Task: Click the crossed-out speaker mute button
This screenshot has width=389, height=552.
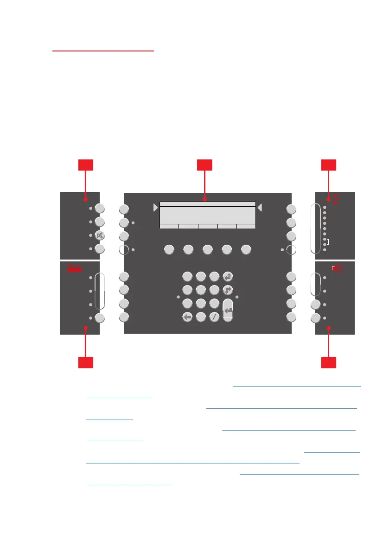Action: pyautogui.click(x=100, y=235)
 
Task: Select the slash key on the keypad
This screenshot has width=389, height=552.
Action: pyautogui.click(x=214, y=317)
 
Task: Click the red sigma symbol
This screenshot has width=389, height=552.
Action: pyautogui.click(x=337, y=200)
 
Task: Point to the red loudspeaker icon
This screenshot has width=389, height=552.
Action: pyautogui.click(x=337, y=268)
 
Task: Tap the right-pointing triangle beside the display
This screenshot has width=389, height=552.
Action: pyautogui.click(x=155, y=208)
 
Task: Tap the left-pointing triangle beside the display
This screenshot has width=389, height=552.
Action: pyautogui.click(x=260, y=208)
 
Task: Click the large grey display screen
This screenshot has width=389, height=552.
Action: pyautogui.click(x=208, y=215)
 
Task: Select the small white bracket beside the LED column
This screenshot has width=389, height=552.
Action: pyautogui.click(x=328, y=242)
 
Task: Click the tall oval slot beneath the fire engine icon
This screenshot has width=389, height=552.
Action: pyautogui.click(x=99, y=291)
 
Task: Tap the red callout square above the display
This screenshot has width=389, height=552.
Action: pyautogui.click(x=204, y=166)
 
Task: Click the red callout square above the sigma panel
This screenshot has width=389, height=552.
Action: pyautogui.click(x=329, y=166)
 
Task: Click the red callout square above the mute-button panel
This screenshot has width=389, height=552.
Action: pyautogui.click(x=86, y=166)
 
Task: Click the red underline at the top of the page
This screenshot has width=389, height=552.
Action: pyautogui.click(x=103, y=51)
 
